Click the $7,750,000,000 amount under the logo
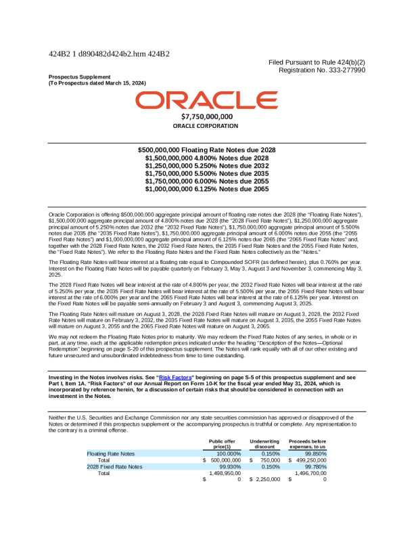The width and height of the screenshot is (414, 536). (206, 116)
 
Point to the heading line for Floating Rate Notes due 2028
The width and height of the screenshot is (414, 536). (206, 150)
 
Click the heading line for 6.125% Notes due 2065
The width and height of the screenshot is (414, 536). (206, 190)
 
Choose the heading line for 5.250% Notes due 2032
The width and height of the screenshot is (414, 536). (206, 166)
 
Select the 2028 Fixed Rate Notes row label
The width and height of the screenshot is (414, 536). (114, 467)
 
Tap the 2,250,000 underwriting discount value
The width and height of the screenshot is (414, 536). (268, 480)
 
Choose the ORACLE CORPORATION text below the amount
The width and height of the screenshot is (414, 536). (206, 126)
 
